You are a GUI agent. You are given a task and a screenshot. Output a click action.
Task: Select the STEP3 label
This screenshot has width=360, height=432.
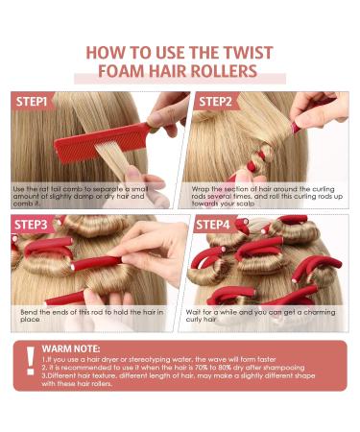36,225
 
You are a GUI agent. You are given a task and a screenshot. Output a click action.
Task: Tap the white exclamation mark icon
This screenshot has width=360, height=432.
31,363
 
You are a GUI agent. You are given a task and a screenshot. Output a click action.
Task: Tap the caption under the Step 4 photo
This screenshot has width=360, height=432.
271,315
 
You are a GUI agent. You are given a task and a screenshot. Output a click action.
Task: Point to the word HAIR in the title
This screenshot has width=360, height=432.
172,72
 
